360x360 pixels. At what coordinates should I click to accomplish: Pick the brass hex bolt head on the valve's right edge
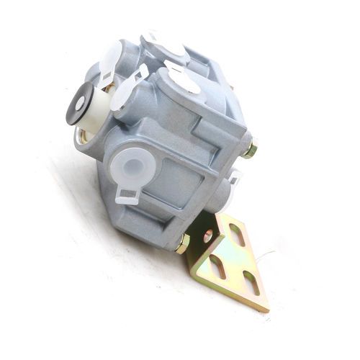click(x=250, y=150)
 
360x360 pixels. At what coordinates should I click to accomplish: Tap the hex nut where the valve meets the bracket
click(x=182, y=243)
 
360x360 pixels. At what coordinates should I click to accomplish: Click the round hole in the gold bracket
click(x=209, y=236)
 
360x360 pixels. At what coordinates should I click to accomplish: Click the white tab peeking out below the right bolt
click(x=233, y=177)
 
